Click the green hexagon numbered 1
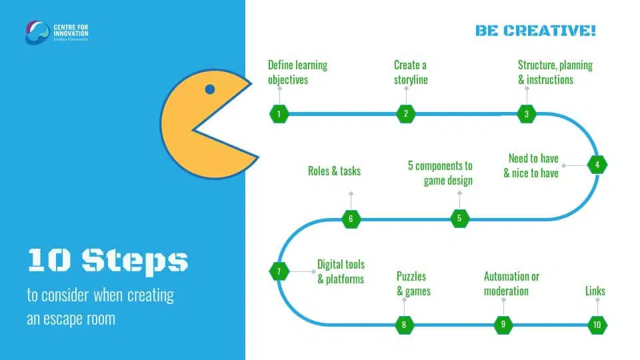point(279,113)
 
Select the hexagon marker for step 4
point(597,164)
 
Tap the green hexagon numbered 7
point(279,271)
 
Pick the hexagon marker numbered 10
point(597,325)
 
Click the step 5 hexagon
point(459,218)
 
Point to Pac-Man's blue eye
point(210,89)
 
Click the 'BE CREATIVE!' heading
point(535,31)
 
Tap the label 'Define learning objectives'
point(297,72)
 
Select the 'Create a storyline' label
point(411,72)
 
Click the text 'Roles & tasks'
point(334,171)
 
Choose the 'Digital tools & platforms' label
point(341,271)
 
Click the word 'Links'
point(595,291)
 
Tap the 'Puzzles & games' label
point(413,283)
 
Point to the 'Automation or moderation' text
point(511,283)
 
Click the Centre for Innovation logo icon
point(37,32)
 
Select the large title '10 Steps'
point(108,260)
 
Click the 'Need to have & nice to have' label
point(533,165)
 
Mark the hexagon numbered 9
point(503,325)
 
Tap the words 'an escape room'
point(71,319)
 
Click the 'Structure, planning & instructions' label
point(555,72)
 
